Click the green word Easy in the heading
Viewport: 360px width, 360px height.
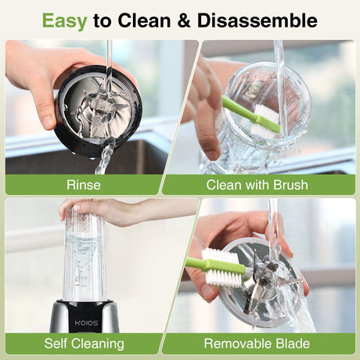pos(64,21)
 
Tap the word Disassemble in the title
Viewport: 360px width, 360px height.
pos(257,20)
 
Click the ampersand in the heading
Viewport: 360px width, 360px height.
pos(185,20)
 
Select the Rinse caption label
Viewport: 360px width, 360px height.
pos(84,185)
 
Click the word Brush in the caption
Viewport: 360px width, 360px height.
pos(290,185)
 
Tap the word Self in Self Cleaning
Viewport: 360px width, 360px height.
pos(54,344)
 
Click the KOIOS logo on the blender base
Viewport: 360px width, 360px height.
pos(87,323)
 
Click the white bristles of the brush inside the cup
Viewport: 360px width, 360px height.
pos(261,121)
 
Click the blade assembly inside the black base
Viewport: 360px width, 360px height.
pos(100,112)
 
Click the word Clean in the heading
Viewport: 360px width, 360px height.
pos(144,20)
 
